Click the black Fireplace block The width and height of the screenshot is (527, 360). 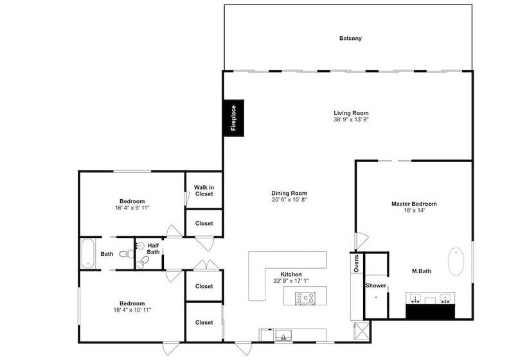pyautogui.click(x=234, y=118)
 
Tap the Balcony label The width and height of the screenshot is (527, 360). pyautogui.click(x=350, y=39)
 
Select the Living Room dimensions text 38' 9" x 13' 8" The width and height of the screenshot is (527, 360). pyautogui.click(x=351, y=120)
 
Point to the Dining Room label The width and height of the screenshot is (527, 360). pyautogui.click(x=289, y=194)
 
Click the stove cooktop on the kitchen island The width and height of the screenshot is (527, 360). pyautogui.click(x=305, y=298)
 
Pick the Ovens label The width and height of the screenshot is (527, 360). pyautogui.click(x=357, y=263)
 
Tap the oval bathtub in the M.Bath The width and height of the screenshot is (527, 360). pyautogui.click(x=456, y=262)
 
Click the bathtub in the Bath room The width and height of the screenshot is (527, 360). pyautogui.click(x=87, y=253)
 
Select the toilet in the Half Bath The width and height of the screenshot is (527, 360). pyautogui.click(x=143, y=262)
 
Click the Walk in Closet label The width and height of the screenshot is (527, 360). pyautogui.click(x=204, y=190)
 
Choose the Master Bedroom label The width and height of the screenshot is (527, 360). pyautogui.click(x=414, y=204)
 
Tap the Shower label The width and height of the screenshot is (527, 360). pyautogui.click(x=376, y=285)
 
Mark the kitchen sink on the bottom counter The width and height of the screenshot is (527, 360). pyautogui.click(x=283, y=336)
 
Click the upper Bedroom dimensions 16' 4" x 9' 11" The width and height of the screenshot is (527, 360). pyautogui.click(x=132, y=208)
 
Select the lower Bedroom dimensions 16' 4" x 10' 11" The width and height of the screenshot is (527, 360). pyautogui.click(x=132, y=310)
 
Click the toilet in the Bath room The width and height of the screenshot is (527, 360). pyautogui.click(x=127, y=254)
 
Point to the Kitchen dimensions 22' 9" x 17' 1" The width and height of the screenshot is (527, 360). pyautogui.click(x=291, y=281)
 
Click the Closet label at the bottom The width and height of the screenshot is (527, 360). pyautogui.click(x=204, y=322)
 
